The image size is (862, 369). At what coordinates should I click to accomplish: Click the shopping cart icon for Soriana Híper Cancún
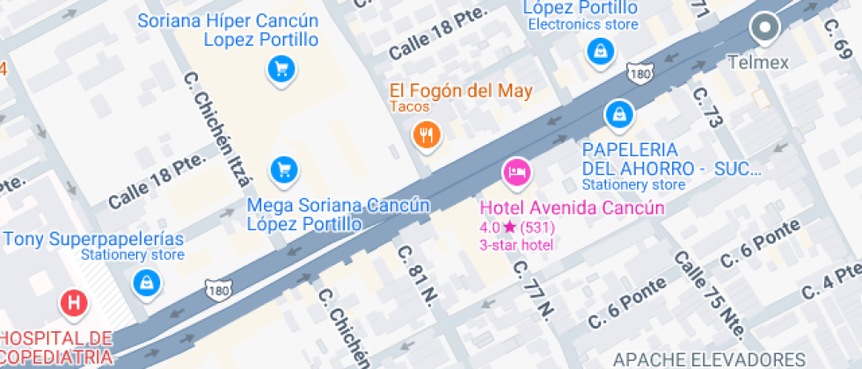pos(281,68)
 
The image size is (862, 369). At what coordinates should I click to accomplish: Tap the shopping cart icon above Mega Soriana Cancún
pos(282,168)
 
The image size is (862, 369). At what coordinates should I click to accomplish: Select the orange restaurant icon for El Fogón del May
pos(427,134)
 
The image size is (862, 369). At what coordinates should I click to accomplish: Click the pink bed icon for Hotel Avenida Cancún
pos(515,171)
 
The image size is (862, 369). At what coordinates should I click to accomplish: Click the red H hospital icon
pos(75,304)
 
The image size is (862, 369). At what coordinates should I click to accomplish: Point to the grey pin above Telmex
pos(763,28)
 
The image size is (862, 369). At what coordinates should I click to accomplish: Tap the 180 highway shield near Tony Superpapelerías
pos(219,289)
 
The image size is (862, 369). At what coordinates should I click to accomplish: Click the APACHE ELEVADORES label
pos(708,358)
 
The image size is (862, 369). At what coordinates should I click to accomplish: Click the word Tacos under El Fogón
pos(411,107)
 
